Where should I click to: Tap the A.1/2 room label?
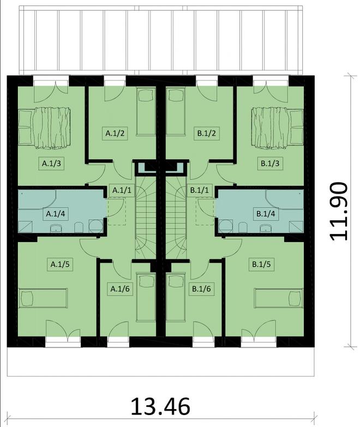pyautogui.click(x=116, y=132)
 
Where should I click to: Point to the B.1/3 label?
pyautogui.click(x=269, y=163)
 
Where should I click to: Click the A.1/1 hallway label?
pyautogui.click(x=120, y=190)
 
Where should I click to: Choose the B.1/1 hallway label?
pyautogui.click(x=200, y=190)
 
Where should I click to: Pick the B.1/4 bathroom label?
pyautogui.click(x=266, y=214)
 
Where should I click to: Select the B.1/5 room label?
pyautogui.click(x=262, y=264)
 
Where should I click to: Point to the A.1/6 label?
pyautogui.click(x=120, y=288)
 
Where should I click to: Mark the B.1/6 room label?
pyautogui.click(x=201, y=288)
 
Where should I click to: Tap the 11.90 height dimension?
pyautogui.click(x=338, y=211)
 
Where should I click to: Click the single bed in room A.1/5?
pyautogui.click(x=44, y=299)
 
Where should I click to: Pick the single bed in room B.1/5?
pyautogui.click(x=279, y=299)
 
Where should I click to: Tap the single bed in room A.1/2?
pyautogui.click(x=146, y=112)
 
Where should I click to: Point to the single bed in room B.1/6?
pyautogui.click(x=176, y=298)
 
